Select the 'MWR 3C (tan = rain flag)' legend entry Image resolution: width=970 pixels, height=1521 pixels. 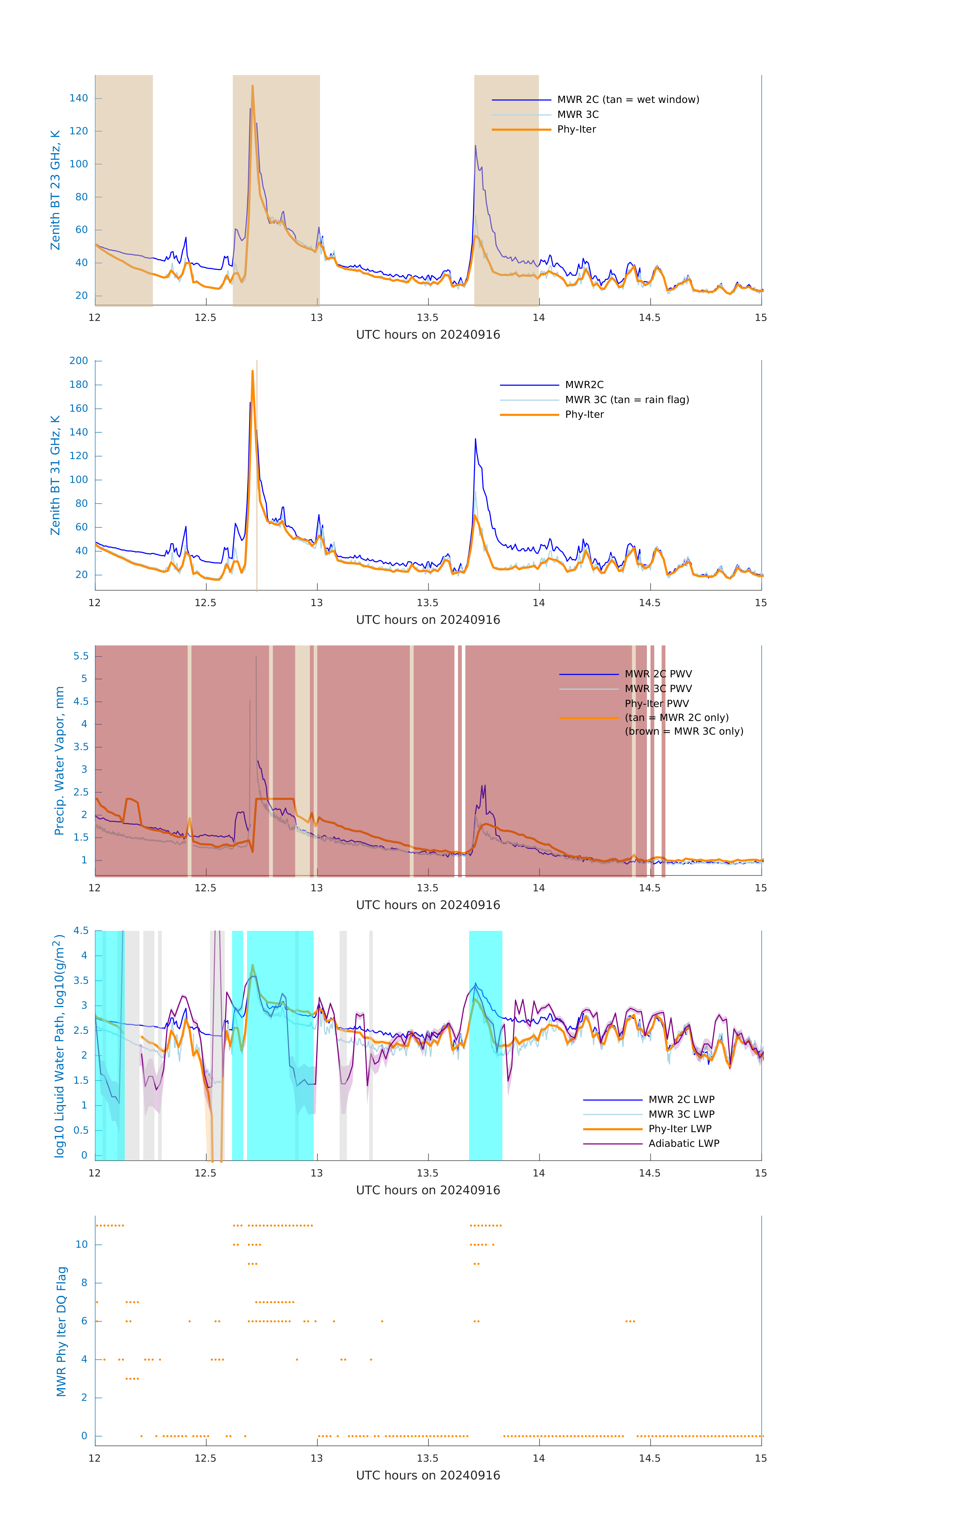(627, 400)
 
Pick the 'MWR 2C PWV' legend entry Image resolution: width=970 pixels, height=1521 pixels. (658, 674)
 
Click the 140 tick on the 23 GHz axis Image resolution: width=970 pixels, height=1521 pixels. (79, 98)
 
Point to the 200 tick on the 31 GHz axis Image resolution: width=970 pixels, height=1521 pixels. (79, 361)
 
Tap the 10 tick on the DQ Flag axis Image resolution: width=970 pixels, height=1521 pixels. (81, 1244)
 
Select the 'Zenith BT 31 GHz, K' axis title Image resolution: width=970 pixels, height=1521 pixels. (56, 475)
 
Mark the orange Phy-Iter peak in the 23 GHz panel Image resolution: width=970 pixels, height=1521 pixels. (253, 86)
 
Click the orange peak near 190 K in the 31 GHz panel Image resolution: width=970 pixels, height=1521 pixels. (253, 371)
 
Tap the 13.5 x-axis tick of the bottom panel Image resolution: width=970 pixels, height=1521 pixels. (428, 1458)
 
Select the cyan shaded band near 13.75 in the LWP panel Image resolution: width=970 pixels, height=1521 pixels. (485, 1074)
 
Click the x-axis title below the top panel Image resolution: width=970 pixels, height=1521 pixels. (428, 335)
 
